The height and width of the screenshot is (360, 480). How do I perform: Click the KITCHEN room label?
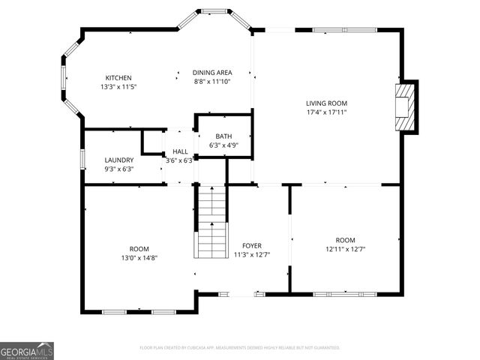point(118,78)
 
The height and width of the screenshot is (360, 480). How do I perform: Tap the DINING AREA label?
point(211,73)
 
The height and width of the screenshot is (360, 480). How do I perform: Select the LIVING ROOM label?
point(326,103)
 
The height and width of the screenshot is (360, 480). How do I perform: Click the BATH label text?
point(223,136)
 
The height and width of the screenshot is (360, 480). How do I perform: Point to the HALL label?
point(180,151)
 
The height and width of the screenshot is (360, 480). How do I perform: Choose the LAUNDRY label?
point(118,160)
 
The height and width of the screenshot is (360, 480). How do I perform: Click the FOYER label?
point(251,246)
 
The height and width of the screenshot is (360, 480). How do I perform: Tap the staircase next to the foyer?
point(212,222)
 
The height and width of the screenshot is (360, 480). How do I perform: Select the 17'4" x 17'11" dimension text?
point(326,112)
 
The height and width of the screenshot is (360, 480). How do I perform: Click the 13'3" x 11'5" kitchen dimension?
point(118,87)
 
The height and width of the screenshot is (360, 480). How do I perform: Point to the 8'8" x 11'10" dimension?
point(211,82)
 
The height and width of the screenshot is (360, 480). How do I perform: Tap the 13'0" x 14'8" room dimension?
point(139,258)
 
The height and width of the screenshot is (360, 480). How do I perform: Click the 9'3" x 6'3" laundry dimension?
point(118,169)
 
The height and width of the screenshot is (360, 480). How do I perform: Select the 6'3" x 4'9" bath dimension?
point(223,145)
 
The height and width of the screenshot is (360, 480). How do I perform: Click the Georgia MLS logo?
point(27,351)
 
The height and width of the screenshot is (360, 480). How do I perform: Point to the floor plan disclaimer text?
point(240,348)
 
